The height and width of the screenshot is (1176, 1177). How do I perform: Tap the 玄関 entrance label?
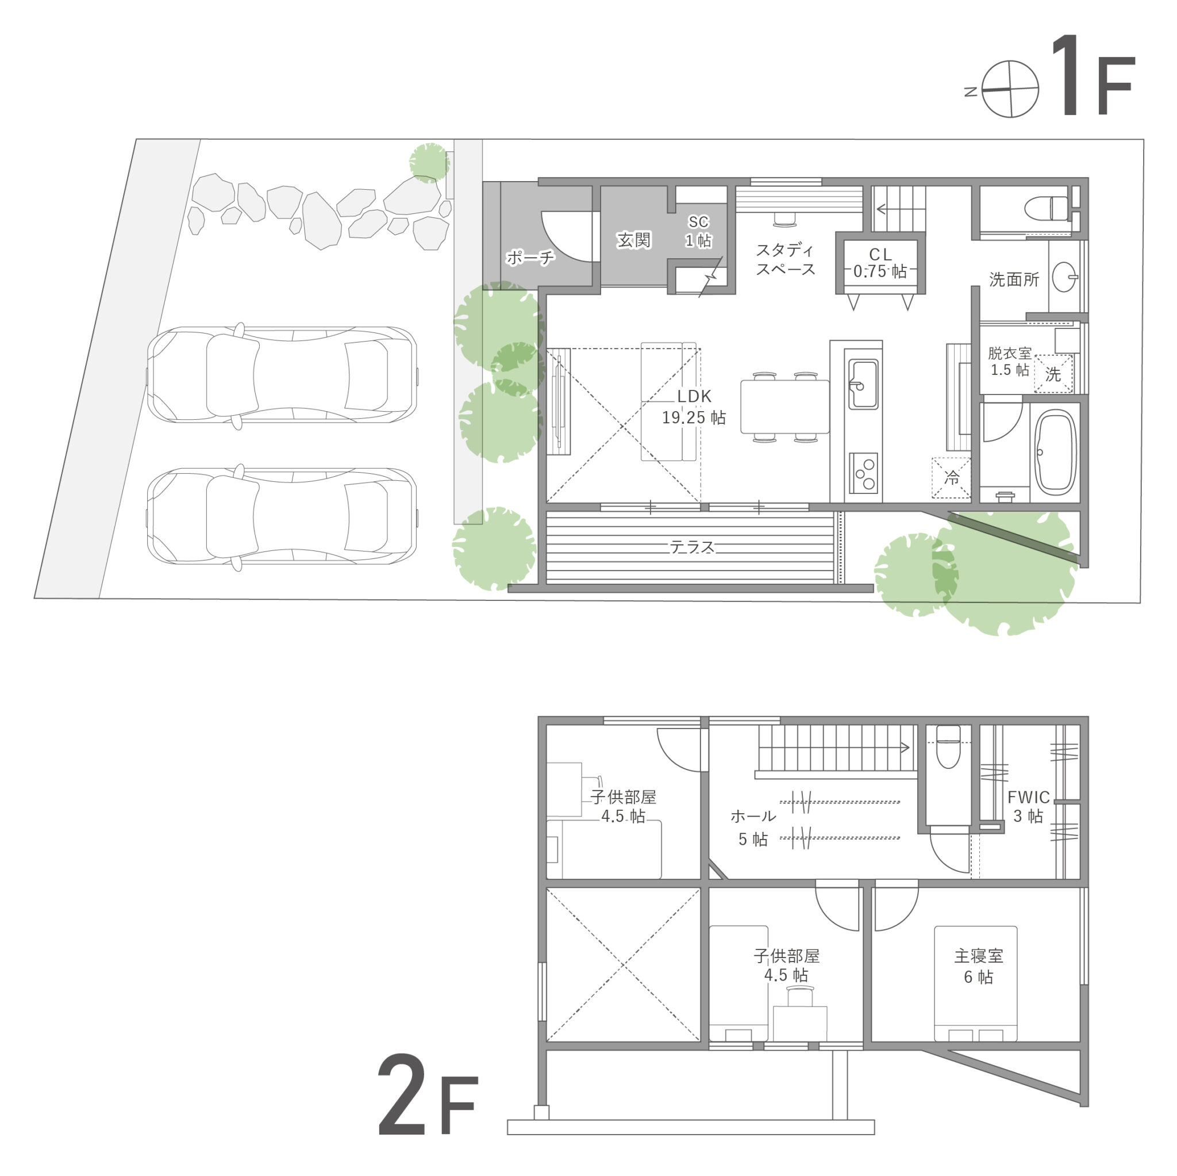click(x=633, y=240)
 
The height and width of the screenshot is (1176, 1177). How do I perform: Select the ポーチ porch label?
click(x=530, y=258)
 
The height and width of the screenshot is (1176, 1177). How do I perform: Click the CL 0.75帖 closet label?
click(x=880, y=263)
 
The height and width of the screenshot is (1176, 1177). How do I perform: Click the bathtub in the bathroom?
click(x=1056, y=452)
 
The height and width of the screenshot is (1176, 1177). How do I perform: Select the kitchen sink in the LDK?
click(x=863, y=384)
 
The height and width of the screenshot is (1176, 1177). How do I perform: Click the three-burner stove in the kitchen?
click(x=863, y=473)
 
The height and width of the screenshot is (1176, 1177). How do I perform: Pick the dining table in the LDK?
click(x=784, y=407)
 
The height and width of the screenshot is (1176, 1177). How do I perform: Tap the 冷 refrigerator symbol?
click(x=951, y=477)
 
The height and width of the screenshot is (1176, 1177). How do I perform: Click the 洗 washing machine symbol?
click(x=1053, y=374)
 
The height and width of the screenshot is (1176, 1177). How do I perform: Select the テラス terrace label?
click(x=691, y=547)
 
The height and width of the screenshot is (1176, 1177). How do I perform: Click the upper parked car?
click(x=282, y=375)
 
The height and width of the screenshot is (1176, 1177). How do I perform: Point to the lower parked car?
click(x=282, y=516)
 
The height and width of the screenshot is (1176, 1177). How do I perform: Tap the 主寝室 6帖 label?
click(x=978, y=966)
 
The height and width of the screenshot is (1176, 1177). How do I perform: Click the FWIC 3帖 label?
click(x=1028, y=806)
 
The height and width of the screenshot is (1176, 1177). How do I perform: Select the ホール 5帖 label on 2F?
click(x=753, y=828)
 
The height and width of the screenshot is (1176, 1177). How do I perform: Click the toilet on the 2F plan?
click(x=948, y=748)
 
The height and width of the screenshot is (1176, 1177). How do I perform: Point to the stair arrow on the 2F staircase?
click(x=904, y=748)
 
